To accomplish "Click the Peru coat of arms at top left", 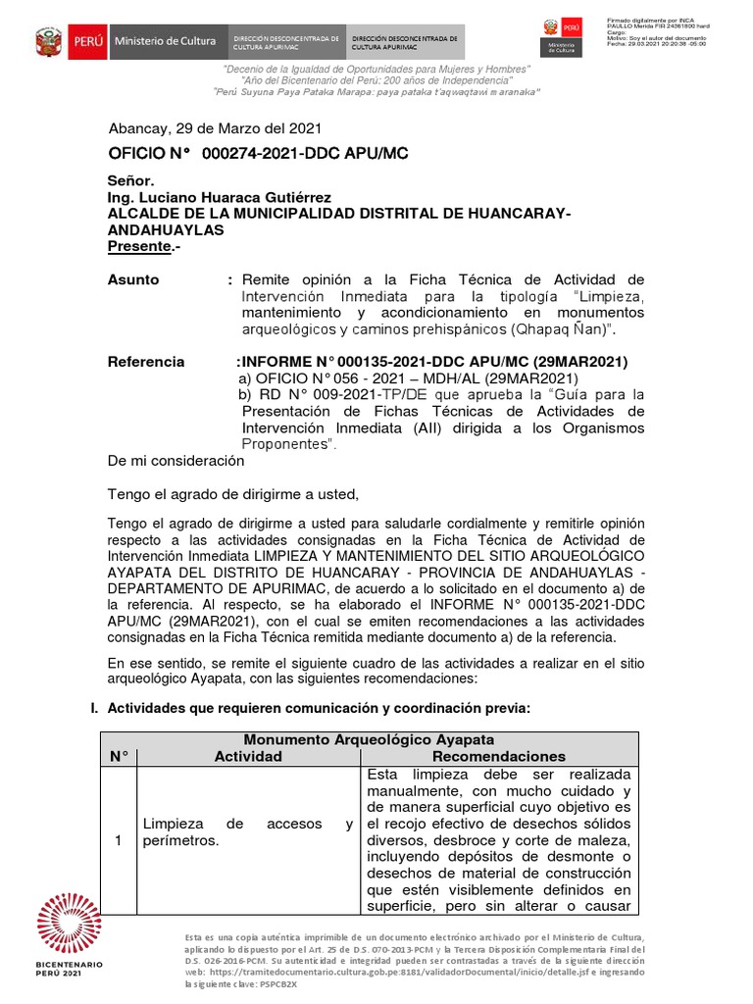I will point(48,42).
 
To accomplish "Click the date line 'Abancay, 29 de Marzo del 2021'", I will point(215,128).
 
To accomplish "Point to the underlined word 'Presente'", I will point(139,246).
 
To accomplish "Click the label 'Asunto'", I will point(133,279).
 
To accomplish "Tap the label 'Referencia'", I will point(146,362).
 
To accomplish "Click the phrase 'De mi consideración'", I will point(176,461).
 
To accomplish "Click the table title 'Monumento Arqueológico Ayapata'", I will point(369,739).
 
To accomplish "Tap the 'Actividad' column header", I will point(248,756).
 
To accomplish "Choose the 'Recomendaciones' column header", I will point(499,756).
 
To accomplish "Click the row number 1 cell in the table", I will point(119,840).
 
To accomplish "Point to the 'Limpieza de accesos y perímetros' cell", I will point(248,832).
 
